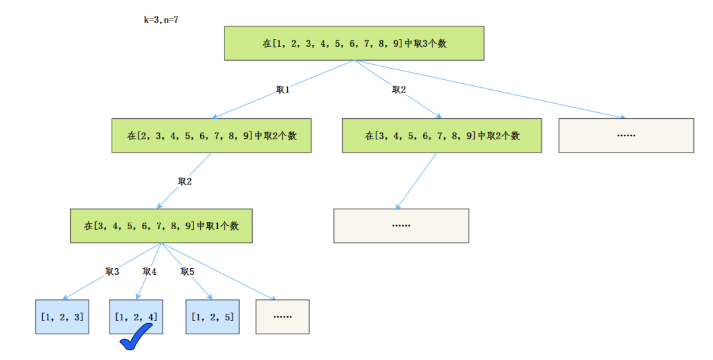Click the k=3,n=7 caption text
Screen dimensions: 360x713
pos(161,20)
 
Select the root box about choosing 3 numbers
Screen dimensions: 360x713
pos(354,44)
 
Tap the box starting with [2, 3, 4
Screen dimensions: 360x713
pos(211,136)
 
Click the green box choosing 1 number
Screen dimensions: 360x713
pos(161,226)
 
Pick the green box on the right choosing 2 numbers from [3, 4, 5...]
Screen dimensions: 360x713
pos(442,136)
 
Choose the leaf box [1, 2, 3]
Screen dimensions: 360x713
pos(61,316)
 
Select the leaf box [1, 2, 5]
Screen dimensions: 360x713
pos(212,316)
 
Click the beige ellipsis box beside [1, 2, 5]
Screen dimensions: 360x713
pos(282,316)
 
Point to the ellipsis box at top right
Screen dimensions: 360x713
pos(626,135)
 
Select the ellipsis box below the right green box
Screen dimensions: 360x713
pos(401,226)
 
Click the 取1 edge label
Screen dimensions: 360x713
pos(283,90)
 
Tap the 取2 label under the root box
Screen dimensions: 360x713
pos(399,90)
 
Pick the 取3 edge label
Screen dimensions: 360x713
pos(112,271)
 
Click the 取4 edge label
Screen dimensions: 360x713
pos(150,271)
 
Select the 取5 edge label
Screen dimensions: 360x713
pos(187,271)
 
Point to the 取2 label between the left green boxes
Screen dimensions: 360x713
pos(185,181)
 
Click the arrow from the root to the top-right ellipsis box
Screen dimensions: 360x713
pos(502,92)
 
